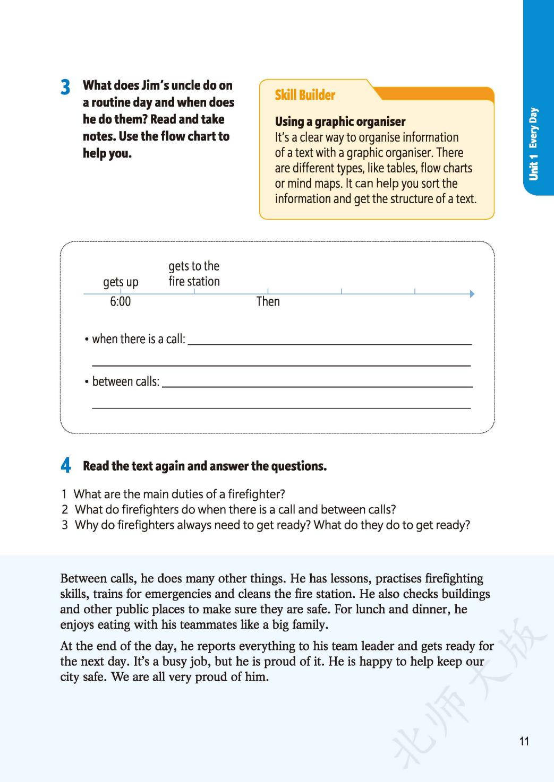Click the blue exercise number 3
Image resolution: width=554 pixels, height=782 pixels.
tap(65, 87)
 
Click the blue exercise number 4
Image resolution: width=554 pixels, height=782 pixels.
tap(65, 466)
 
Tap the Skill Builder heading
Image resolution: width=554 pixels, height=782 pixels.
tap(304, 95)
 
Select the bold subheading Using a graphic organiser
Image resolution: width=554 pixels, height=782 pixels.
tap(340, 121)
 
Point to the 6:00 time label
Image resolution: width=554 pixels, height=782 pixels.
tap(120, 302)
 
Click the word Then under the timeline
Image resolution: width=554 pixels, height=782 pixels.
tap(268, 302)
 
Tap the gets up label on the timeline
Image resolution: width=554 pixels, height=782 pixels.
tap(121, 282)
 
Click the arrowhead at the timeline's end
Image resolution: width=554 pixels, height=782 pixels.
tap(472, 293)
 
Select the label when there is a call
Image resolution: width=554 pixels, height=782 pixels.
tap(138, 339)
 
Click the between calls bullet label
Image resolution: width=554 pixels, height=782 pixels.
tap(125, 381)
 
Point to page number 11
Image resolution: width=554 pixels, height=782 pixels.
tap(524, 741)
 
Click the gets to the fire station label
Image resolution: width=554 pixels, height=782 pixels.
tap(194, 274)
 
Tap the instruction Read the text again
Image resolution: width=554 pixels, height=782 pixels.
tap(204, 466)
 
